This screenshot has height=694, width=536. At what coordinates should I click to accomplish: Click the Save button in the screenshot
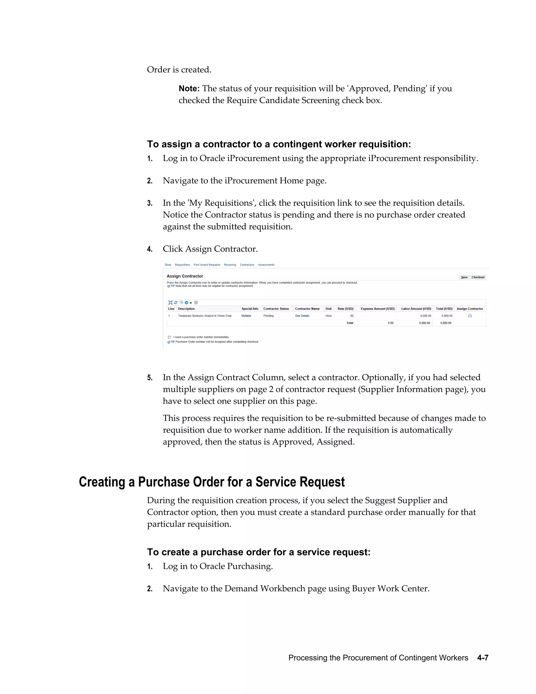point(464,277)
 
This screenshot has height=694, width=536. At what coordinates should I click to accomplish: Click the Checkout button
point(478,277)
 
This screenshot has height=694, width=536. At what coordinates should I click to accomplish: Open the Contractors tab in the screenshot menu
point(247,265)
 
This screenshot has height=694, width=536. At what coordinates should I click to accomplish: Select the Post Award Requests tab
point(207,265)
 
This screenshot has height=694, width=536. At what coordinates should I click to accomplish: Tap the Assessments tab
point(266,265)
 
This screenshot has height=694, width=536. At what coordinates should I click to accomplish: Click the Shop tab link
point(168,265)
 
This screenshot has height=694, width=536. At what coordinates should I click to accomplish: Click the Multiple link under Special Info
point(246,316)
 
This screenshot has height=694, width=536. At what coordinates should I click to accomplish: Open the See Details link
point(302,316)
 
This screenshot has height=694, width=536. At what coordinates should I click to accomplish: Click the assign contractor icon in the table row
point(470,316)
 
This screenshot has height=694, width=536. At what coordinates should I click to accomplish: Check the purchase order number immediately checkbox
point(170,337)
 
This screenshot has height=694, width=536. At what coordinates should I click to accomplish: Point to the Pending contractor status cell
point(269,316)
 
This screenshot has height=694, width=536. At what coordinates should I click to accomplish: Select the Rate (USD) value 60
point(351,316)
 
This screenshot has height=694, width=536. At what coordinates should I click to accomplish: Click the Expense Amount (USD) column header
point(378,309)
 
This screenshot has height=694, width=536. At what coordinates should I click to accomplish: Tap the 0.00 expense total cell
point(390,323)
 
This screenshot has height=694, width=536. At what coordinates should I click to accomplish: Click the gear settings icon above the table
point(186,302)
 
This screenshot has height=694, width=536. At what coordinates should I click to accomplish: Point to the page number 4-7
point(482,658)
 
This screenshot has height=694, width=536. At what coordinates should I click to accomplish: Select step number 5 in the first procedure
point(149,378)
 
